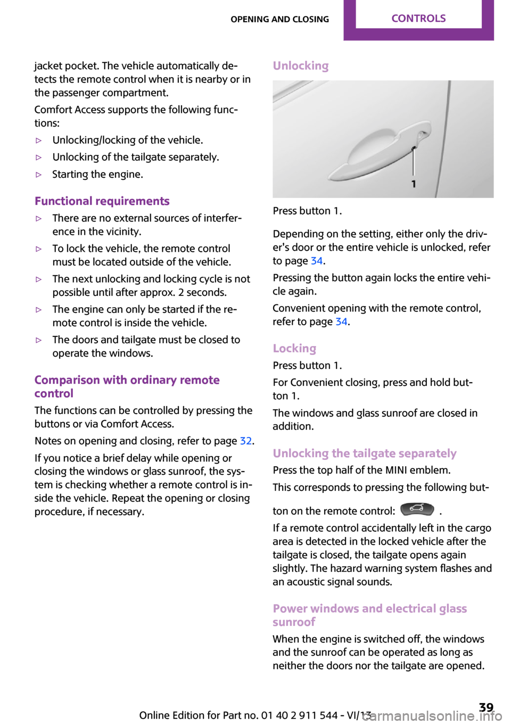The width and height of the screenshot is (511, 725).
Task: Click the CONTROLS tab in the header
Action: (418, 19)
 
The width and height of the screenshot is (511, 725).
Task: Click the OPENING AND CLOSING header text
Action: (279, 19)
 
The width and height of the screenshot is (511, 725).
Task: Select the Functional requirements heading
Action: (102, 201)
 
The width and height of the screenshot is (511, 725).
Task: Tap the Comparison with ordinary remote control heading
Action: (127, 386)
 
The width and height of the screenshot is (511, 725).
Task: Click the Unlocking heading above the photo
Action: (301, 66)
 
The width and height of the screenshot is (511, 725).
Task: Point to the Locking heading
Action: (294, 349)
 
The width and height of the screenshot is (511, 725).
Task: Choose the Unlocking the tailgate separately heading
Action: (365, 454)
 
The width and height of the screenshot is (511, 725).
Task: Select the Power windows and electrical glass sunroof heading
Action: (369, 615)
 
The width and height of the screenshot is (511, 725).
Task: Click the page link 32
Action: (245, 441)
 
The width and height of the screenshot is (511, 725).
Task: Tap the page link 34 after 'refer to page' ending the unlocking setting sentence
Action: (317, 261)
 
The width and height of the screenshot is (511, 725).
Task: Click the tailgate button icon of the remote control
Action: (417, 509)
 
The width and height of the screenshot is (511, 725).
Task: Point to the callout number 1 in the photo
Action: (414, 184)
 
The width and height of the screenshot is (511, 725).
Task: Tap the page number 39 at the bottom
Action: (486, 707)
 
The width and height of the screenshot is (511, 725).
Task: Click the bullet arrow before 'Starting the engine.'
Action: (38, 175)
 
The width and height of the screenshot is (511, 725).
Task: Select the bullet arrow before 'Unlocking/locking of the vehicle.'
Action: (38, 141)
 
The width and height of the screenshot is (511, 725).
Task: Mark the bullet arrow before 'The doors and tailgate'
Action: (38, 340)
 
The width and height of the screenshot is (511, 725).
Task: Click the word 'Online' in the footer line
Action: (155, 715)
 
